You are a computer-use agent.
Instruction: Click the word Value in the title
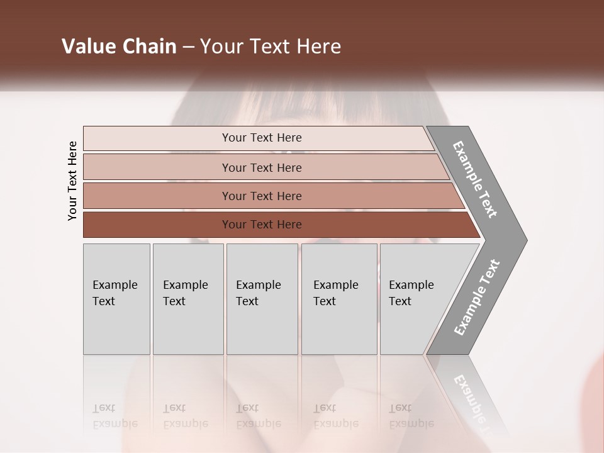click(x=87, y=47)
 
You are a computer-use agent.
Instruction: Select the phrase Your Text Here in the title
click(x=270, y=47)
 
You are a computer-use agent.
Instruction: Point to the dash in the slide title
click(x=188, y=47)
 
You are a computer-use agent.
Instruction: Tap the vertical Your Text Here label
click(x=72, y=181)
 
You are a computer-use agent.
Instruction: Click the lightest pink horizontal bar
click(x=261, y=138)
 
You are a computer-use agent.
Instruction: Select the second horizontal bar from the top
click(x=261, y=167)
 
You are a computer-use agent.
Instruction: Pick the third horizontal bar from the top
click(x=261, y=196)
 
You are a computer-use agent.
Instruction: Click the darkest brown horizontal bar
click(x=261, y=225)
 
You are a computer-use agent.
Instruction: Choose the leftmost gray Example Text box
click(x=116, y=299)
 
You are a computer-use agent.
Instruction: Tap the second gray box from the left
click(x=188, y=299)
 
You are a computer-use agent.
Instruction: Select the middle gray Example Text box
click(x=262, y=299)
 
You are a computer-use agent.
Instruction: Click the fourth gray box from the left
click(x=339, y=299)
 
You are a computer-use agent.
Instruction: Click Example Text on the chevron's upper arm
click(x=475, y=179)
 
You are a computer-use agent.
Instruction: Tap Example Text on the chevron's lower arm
click(x=477, y=297)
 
